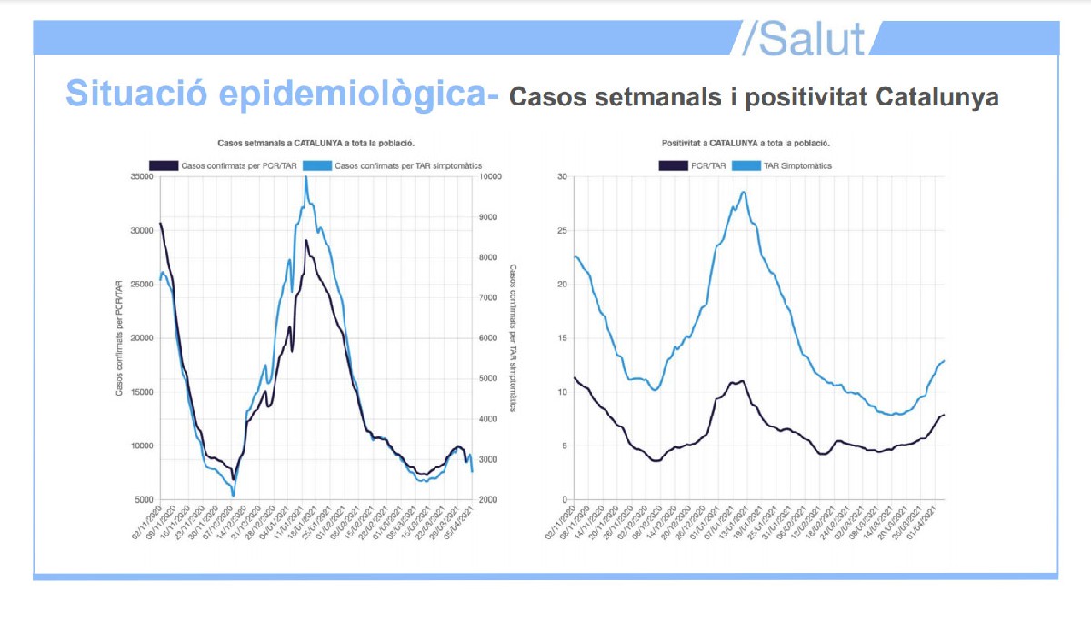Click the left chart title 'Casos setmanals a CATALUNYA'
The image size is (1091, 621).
[316, 144]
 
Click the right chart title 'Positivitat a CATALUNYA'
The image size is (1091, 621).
[746, 144]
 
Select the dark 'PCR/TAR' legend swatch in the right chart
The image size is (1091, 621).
[674, 165]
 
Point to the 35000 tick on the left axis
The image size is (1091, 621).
[141, 176]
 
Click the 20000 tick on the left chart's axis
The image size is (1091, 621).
[141, 338]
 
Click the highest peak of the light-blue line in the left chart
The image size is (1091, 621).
[305, 178]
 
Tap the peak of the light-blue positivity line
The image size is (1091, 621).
[744, 192]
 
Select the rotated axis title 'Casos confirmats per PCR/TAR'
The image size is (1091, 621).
[119, 338]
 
